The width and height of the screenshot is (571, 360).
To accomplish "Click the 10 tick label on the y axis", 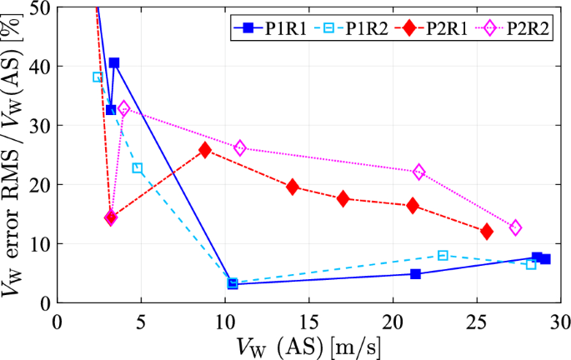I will [41, 244].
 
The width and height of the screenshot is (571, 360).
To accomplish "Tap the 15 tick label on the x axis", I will [308, 322].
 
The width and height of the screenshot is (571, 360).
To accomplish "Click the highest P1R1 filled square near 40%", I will [114, 63].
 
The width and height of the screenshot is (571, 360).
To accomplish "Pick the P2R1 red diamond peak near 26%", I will [205, 150].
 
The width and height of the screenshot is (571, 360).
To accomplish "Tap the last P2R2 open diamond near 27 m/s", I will [515, 227].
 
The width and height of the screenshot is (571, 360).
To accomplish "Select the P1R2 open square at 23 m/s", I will [443, 255].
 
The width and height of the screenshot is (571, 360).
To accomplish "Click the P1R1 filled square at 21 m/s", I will [415, 273].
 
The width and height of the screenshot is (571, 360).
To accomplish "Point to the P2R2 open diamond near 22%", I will [419, 172].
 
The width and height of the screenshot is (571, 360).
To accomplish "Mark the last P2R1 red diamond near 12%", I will [487, 231].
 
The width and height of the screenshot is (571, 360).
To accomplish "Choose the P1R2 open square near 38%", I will [98, 77].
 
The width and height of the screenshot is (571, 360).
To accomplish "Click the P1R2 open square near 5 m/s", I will [138, 168].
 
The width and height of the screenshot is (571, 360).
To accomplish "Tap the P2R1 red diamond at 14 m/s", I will [293, 187].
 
